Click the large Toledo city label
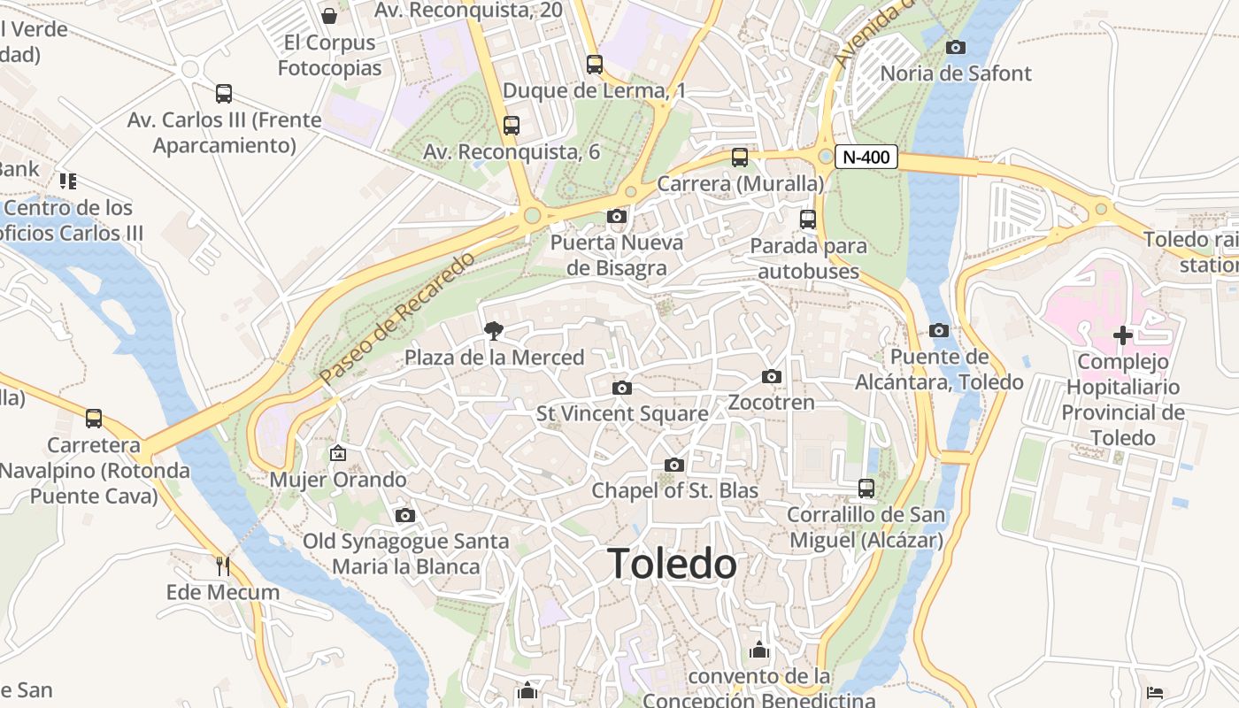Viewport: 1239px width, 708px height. point(672,564)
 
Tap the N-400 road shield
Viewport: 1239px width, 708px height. point(866,158)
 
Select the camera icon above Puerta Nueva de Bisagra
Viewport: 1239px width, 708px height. point(617,216)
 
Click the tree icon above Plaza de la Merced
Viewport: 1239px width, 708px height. point(494,331)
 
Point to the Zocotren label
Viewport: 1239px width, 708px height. point(771,403)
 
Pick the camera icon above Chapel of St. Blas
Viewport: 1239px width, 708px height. point(674,465)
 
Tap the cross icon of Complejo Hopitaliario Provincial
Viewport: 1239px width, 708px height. point(1123,335)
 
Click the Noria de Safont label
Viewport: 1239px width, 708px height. point(956,73)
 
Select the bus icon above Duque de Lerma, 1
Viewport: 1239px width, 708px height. point(595,65)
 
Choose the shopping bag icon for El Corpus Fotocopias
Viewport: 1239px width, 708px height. point(329,16)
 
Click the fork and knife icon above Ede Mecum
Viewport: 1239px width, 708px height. point(223,566)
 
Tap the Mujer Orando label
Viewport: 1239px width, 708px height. point(338,480)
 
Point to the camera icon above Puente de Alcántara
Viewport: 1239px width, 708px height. point(939,330)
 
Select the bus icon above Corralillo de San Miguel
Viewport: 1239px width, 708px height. point(866,488)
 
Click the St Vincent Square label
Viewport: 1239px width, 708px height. point(622,413)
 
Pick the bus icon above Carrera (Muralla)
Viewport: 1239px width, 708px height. point(740,158)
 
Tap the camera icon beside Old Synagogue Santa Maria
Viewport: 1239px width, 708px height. point(405,515)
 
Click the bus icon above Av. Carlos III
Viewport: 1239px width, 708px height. point(224,93)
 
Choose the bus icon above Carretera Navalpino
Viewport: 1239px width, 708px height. point(94,418)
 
